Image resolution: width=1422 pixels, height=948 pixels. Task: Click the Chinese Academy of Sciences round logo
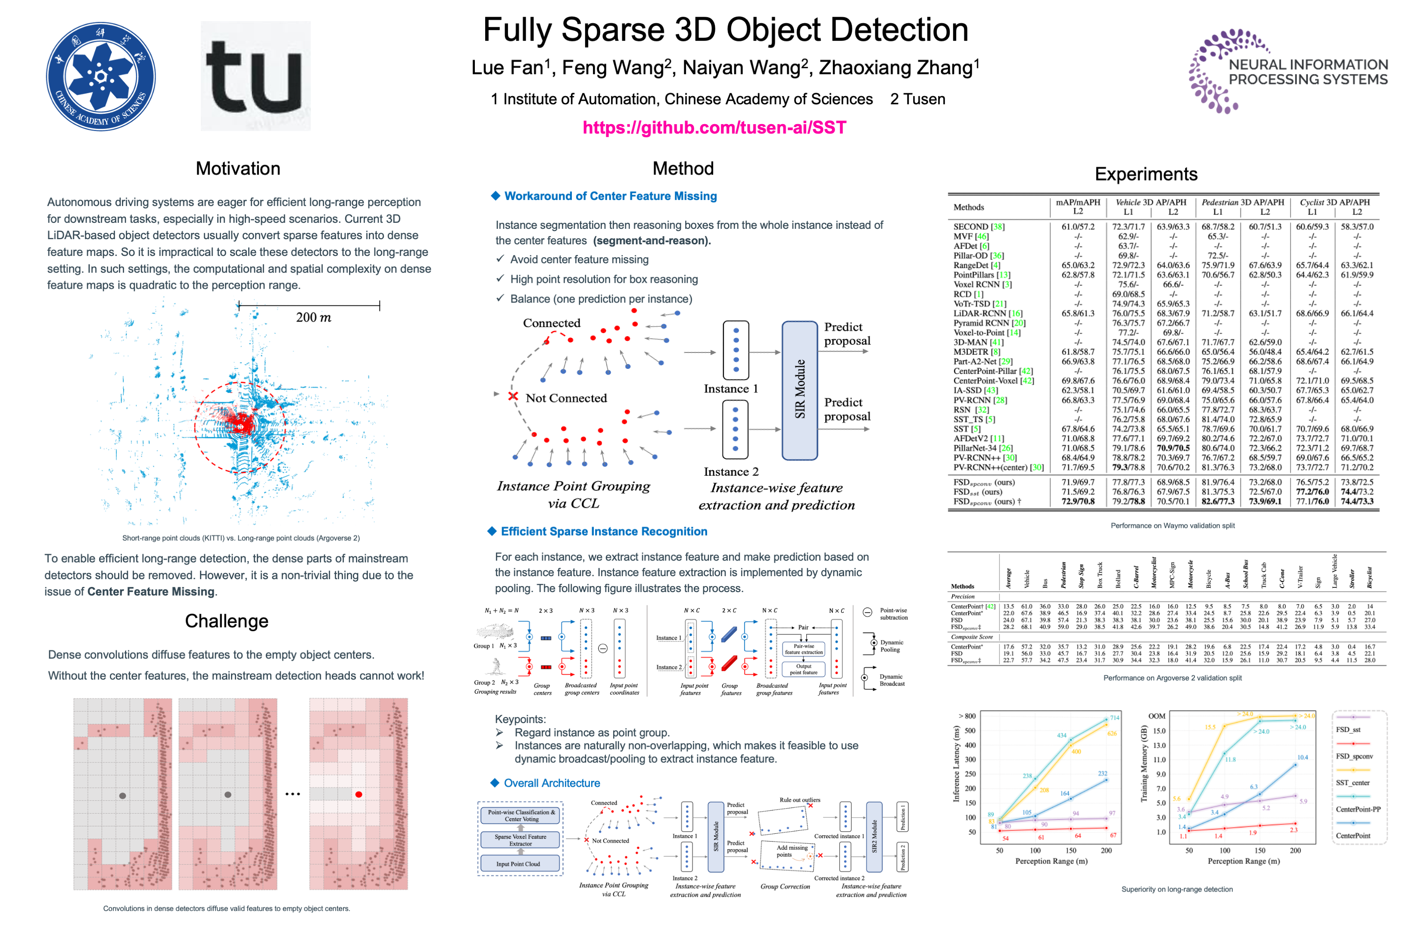tap(101, 76)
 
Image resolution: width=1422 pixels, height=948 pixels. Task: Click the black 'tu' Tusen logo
tap(255, 76)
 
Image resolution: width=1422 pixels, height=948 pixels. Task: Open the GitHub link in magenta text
tap(714, 128)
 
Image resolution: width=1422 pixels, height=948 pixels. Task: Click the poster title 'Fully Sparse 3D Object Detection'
tap(725, 30)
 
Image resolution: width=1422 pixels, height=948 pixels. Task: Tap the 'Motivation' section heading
tap(237, 168)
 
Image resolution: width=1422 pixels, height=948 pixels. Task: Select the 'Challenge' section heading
tap(226, 621)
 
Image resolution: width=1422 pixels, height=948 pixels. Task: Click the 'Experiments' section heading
tap(1145, 174)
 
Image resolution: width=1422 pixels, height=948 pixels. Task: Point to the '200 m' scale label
tap(313, 318)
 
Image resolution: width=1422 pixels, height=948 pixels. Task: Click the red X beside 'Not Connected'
tap(513, 396)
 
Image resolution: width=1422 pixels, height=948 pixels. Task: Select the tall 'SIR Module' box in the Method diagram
tap(799, 390)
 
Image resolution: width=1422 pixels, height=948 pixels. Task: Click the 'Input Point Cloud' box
tap(518, 864)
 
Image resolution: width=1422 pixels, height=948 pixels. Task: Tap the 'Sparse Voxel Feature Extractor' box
tap(520, 840)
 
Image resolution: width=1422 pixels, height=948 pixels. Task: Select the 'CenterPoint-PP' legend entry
tap(1357, 809)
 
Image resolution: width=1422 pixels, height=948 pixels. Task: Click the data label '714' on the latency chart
tap(1114, 717)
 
